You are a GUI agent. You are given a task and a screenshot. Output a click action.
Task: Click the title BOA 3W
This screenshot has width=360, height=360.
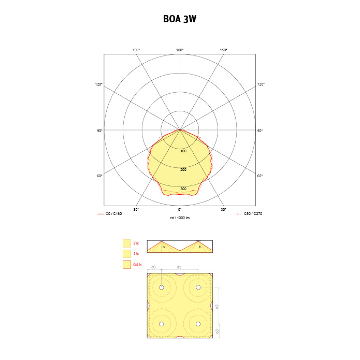180,19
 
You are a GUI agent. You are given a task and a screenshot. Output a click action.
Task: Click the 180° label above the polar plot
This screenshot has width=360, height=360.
180,50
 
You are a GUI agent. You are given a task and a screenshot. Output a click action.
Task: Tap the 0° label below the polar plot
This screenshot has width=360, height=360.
180,209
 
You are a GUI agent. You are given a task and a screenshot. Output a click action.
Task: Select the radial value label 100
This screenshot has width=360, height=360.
183,151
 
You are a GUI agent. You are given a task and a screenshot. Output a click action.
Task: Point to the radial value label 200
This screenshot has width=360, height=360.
183,170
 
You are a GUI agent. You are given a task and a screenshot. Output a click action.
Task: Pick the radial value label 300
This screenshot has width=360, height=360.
183,189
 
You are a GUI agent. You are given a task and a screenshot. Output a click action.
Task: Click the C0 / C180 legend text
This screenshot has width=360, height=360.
113,214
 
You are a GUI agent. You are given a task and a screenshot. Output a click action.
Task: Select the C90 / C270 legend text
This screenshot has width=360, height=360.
253,214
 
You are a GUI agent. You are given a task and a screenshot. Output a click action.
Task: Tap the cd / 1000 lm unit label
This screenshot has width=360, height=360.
180,218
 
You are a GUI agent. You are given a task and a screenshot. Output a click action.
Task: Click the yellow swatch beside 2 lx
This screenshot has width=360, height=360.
127,243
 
